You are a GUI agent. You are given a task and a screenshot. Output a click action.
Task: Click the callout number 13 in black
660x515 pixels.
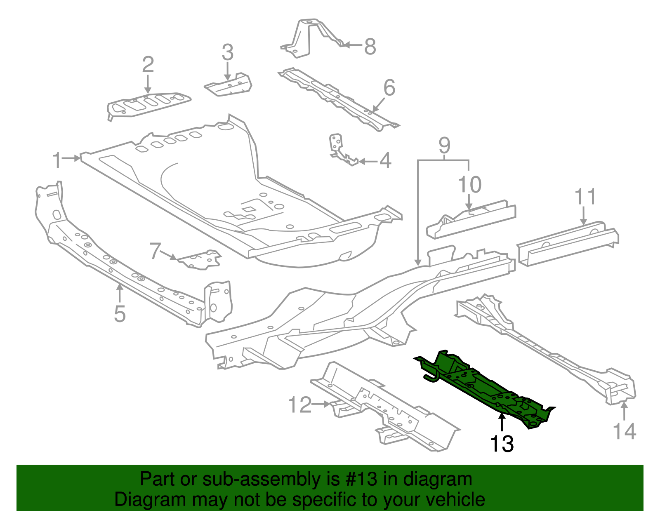tap(502, 444)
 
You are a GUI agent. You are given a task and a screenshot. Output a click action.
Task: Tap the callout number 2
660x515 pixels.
tap(148, 65)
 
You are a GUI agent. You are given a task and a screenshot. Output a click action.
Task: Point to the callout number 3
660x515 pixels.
tap(227, 53)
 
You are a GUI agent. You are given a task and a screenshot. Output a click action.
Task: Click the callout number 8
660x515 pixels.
tap(370, 46)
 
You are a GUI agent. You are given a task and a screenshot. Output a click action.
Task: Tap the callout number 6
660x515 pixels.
tap(389, 87)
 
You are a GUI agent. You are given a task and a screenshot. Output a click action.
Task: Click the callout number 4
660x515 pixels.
tap(385, 161)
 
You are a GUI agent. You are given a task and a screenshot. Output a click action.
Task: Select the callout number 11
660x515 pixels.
tap(585, 197)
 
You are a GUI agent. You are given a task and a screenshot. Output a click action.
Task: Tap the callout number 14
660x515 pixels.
tap(624, 431)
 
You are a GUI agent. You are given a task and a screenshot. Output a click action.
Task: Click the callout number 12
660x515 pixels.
tap(299, 405)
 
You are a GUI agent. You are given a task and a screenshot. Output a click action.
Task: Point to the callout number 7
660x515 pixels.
tap(155, 251)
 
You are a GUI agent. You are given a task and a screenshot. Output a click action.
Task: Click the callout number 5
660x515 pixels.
tap(120, 314)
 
